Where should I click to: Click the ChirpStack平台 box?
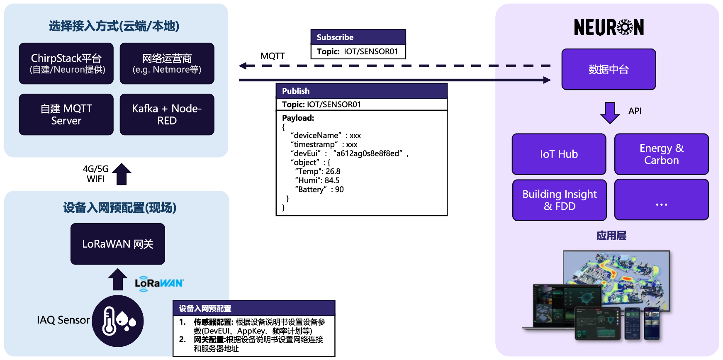(x=66, y=63)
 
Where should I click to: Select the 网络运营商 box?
(x=167, y=63)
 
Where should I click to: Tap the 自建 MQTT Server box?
(x=66, y=114)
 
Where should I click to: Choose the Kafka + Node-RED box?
(x=167, y=114)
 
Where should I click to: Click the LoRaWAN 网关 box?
(x=118, y=244)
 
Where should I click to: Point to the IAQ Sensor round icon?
(x=118, y=321)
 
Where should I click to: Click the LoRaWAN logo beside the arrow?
(x=159, y=284)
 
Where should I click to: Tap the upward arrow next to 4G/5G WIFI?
(x=122, y=174)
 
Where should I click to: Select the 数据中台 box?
(x=609, y=69)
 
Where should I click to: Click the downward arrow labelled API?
(x=610, y=112)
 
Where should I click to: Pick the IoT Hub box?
(x=559, y=154)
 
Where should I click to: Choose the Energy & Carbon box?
(x=661, y=154)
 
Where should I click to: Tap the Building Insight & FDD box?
(x=560, y=200)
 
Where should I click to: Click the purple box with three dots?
(x=661, y=200)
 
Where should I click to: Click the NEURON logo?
(x=609, y=27)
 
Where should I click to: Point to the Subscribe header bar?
(x=358, y=37)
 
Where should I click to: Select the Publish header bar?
(x=361, y=91)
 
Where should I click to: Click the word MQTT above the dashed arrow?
(x=273, y=56)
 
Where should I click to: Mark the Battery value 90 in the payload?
(x=339, y=190)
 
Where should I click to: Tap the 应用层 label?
(x=611, y=236)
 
